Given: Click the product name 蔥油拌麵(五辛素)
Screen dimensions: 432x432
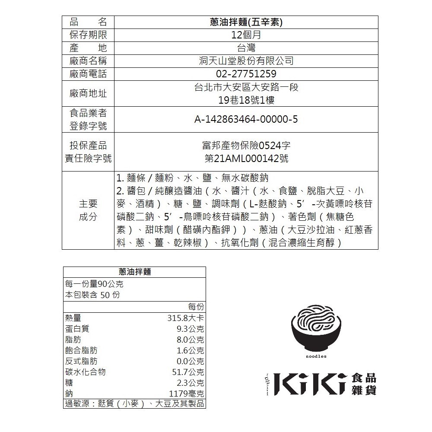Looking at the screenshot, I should click(246, 22).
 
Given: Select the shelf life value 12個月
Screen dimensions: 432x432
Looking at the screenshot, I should click(246, 35).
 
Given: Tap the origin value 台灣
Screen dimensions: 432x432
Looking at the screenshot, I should click(246, 48).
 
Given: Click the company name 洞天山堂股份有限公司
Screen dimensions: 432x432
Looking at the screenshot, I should click(246, 61).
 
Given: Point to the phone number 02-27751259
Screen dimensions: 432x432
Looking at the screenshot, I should click(246, 74).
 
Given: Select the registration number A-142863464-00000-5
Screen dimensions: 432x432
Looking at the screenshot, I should click(246, 119).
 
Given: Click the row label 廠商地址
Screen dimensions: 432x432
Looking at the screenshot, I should click(88, 93).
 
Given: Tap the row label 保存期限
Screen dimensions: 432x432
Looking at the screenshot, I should click(88, 35).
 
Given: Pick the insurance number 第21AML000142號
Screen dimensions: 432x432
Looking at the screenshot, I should click(246, 159).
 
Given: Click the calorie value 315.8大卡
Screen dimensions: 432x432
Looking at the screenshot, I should click(185, 319).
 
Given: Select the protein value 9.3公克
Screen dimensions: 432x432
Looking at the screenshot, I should click(188, 329).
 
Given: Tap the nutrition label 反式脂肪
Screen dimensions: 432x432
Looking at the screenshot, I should click(81, 361).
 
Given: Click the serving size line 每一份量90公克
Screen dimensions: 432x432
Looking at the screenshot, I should click(94, 284).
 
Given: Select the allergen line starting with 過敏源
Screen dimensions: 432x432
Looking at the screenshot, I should click(134, 404).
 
